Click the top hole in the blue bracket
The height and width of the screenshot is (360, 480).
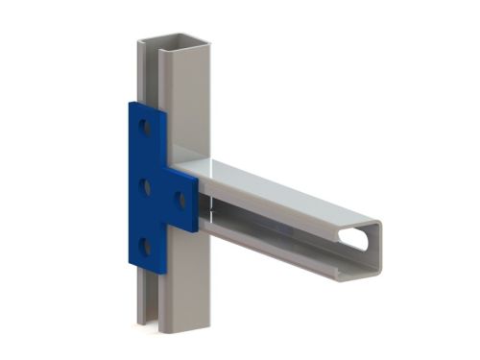[x=146, y=125]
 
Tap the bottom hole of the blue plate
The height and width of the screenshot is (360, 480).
[x=147, y=247]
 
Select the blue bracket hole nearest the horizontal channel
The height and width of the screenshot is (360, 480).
[x=179, y=200]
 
